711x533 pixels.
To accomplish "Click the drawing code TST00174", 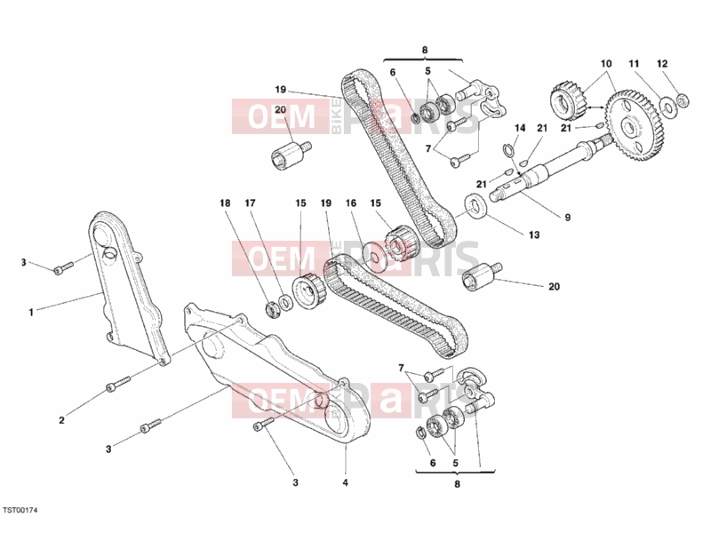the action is pyautogui.click(x=20, y=510).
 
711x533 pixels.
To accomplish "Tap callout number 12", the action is pyautogui.click(x=662, y=64).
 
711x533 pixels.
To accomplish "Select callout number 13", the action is pyautogui.click(x=534, y=235).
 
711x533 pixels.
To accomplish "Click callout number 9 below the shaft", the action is pyautogui.click(x=567, y=218).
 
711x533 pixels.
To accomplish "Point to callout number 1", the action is pyautogui.click(x=31, y=313).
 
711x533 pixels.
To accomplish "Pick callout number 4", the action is pyautogui.click(x=345, y=482).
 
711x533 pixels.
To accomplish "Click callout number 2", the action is pyautogui.click(x=61, y=420).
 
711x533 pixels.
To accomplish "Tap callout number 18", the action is pyautogui.click(x=225, y=203).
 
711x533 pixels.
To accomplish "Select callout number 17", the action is pyautogui.click(x=250, y=203).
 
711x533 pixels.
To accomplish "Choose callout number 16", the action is pyautogui.click(x=351, y=203).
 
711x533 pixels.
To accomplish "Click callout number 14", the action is pyautogui.click(x=520, y=128).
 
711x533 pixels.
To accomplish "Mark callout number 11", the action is pyautogui.click(x=634, y=64).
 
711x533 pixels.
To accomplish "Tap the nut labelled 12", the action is pyautogui.click(x=683, y=99).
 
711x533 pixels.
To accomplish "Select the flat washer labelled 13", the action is pyautogui.click(x=475, y=206).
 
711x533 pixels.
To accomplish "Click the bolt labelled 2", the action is pyautogui.click(x=118, y=383).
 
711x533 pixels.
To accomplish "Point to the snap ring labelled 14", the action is pyautogui.click(x=509, y=149).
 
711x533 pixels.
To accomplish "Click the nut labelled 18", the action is pyautogui.click(x=272, y=309).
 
